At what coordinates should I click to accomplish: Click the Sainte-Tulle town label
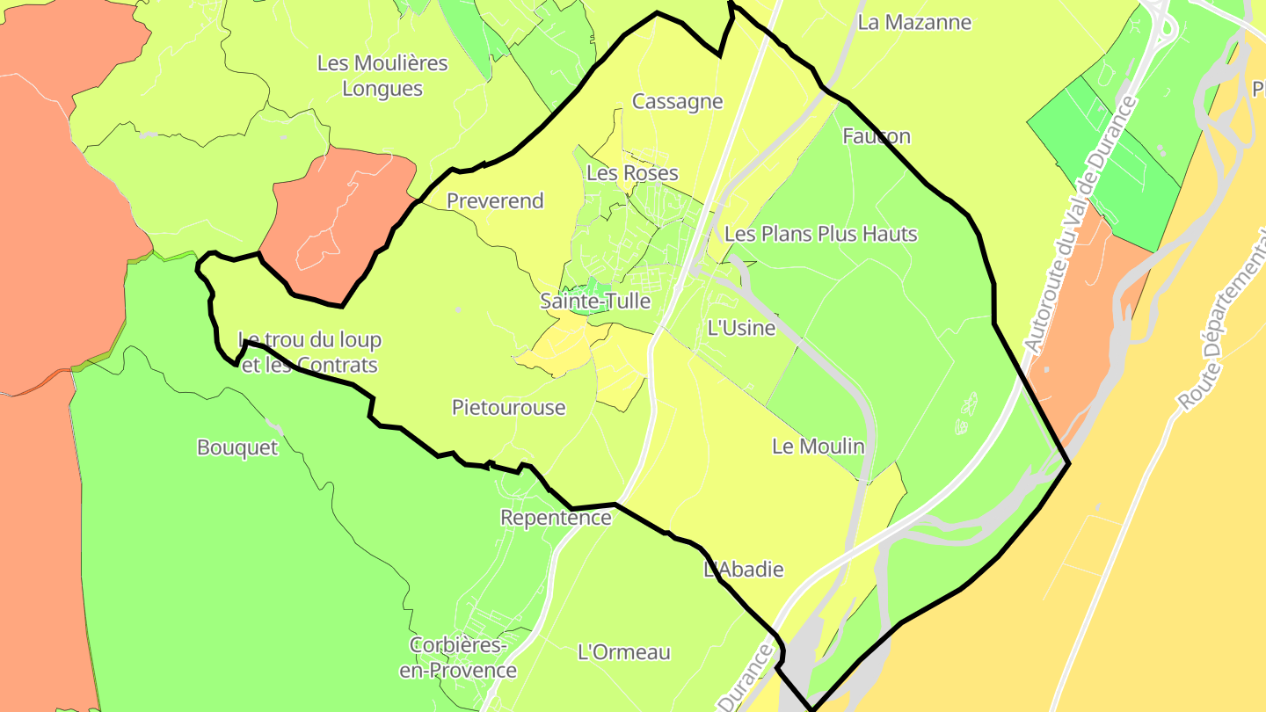pos(595,302)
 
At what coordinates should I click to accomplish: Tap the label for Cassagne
pos(677,102)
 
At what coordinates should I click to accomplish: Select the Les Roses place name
pos(632,173)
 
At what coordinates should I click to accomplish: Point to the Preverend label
pos(495,201)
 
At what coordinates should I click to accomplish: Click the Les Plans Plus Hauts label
pos(820,234)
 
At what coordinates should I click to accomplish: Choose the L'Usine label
pos(741,329)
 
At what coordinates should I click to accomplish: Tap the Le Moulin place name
pos(818,447)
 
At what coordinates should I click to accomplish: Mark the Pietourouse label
pos(508,408)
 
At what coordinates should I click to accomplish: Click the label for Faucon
pos(876,136)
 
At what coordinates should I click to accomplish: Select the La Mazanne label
pos(914,23)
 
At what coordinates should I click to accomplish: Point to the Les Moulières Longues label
pos(382,76)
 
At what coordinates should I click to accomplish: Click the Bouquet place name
pos(236,448)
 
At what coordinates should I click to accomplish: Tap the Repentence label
pos(556,518)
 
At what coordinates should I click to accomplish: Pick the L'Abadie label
pos(744,570)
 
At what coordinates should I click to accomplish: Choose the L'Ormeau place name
pos(624,652)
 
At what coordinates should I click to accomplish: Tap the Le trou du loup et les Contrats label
pos(309,352)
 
